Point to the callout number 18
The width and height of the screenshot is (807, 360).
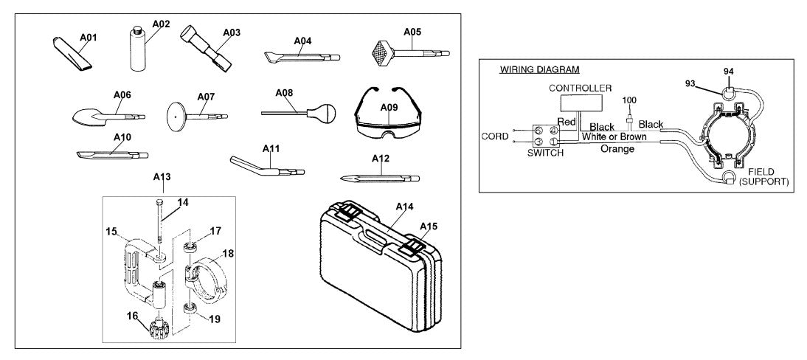point(228,252)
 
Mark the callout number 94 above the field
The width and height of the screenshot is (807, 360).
point(729,72)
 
